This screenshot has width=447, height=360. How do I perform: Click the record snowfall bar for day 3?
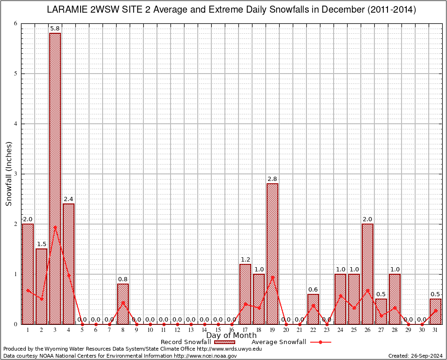tap(55, 178)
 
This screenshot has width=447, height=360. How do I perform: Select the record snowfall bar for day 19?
tap(272, 253)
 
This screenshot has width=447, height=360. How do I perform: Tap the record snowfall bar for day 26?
tap(367, 274)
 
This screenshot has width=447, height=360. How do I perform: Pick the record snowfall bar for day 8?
tap(123, 304)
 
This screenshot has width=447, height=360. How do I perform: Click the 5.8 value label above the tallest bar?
tap(55, 29)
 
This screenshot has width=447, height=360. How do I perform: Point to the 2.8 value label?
tap(272, 179)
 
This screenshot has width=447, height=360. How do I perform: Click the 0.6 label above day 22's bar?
tap(313, 289)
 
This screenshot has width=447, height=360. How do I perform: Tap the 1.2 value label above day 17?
tap(245, 259)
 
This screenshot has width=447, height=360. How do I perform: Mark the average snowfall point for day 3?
tap(55, 227)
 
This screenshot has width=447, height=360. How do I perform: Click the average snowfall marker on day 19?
tap(272, 277)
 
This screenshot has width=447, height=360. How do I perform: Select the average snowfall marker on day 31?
tap(435, 310)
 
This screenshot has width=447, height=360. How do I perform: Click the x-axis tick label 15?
tap(218, 330)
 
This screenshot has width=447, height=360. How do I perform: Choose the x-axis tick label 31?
tap(435, 330)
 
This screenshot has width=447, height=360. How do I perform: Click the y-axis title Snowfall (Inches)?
tap(8, 174)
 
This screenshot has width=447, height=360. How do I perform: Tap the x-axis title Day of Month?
tap(231, 335)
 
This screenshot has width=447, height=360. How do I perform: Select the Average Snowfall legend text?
tap(279, 342)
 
